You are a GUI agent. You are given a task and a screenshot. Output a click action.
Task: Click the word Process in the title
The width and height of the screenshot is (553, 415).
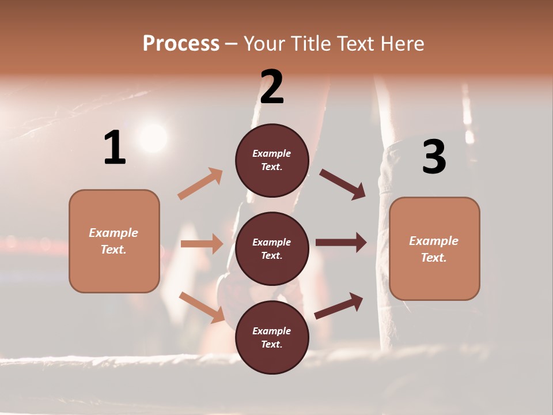pos(181,43)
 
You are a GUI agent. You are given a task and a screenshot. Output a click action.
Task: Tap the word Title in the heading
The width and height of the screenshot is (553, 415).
pos(311,43)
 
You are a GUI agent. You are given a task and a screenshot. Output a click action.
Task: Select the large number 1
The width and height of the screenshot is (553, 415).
pos(115,148)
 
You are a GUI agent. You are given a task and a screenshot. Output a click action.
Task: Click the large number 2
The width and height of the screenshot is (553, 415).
pos(272,87)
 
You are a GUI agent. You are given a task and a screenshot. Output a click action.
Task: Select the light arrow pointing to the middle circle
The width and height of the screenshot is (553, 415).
pos(202,244)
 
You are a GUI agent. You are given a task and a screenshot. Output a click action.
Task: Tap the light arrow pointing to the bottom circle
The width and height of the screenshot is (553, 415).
pos(202,307)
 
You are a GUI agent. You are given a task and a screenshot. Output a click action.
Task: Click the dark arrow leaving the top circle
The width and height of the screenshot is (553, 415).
pos(343,184)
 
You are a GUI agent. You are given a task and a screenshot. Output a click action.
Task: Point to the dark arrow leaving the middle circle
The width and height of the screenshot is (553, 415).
pos(341,243)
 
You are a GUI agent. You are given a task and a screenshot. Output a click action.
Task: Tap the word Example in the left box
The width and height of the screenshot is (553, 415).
pos(113,233)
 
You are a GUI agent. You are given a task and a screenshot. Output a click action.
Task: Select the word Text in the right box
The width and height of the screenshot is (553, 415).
pos(432,258)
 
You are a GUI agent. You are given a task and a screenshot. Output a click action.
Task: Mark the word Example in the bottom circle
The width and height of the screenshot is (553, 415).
pos(272,331)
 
